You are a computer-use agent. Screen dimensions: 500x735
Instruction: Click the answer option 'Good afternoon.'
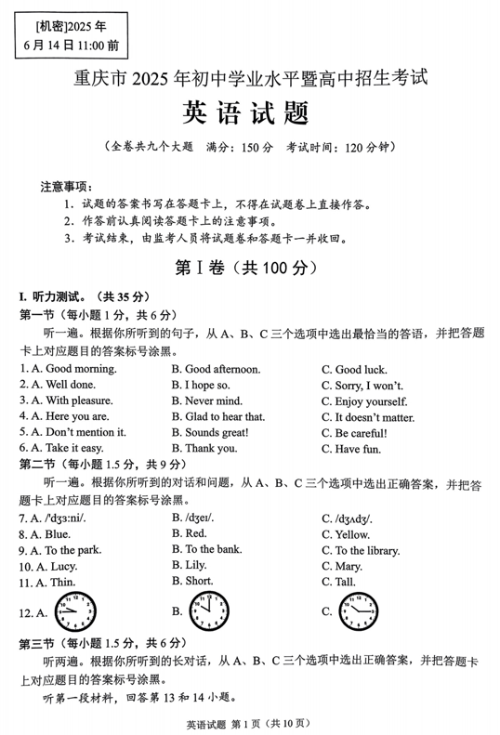(222, 369)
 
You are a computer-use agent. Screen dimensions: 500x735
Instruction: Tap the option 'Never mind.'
(213, 400)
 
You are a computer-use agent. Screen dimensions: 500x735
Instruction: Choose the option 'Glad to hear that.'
(225, 416)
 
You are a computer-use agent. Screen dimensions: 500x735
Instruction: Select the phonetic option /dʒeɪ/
(199, 518)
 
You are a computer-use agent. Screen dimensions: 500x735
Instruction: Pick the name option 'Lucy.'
(57, 566)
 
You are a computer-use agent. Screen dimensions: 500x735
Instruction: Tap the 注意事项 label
(63, 187)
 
